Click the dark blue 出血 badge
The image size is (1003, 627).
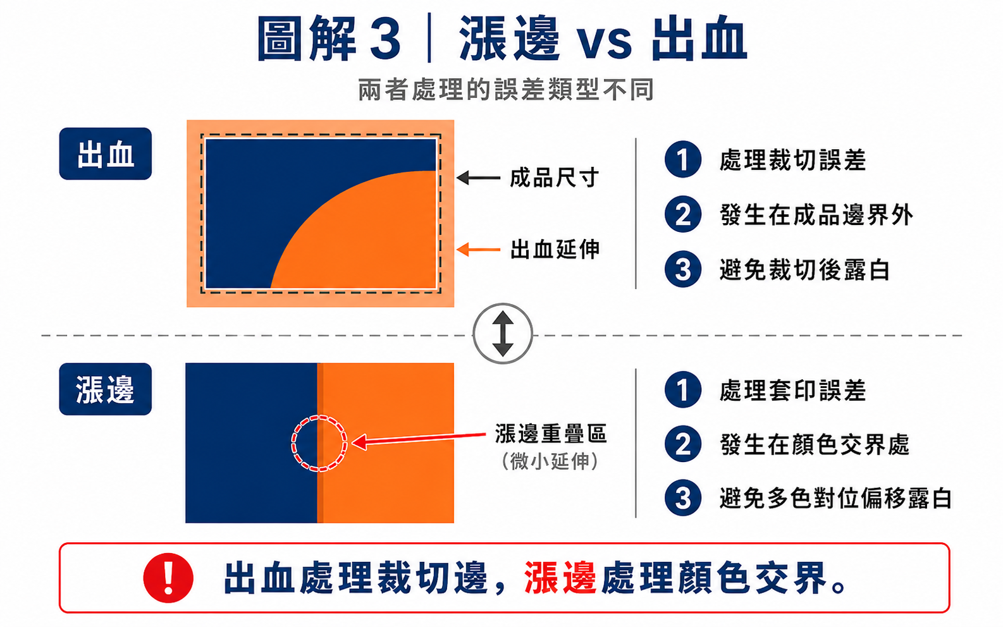pyautogui.click(x=105, y=154)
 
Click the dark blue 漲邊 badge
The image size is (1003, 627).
pyautogui.click(x=105, y=389)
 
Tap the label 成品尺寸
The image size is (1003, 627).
pyautogui.click(x=554, y=178)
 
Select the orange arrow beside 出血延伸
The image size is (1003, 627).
pyautogui.click(x=478, y=249)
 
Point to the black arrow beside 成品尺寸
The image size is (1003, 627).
pyautogui.click(x=478, y=178)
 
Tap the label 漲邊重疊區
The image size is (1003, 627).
pyautogui.click(x=551, y=434)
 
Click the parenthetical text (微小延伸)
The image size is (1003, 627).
pyautogui.click(x=550, y=461)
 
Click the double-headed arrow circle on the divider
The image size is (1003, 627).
pyautogui.click(x=503, y=334)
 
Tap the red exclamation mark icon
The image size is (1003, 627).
pyautogui.click(x=168, y=578)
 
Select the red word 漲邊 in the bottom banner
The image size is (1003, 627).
pyautogui.click(x=560, y=578)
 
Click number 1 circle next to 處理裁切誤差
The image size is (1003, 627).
pyautogui.click(x=683, y=159)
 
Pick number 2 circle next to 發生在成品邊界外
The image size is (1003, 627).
pyautogui.click(x=683, y=214)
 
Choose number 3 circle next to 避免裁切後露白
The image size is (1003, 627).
pyautogui.click(x=683, y=269)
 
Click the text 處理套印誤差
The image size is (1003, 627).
pyautogui.click(x=792, y=390)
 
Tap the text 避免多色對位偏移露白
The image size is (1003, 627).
pyautogui.click(x=835, y=498)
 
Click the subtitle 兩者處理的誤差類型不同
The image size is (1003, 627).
pyautogui.click(x=506, y=90)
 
